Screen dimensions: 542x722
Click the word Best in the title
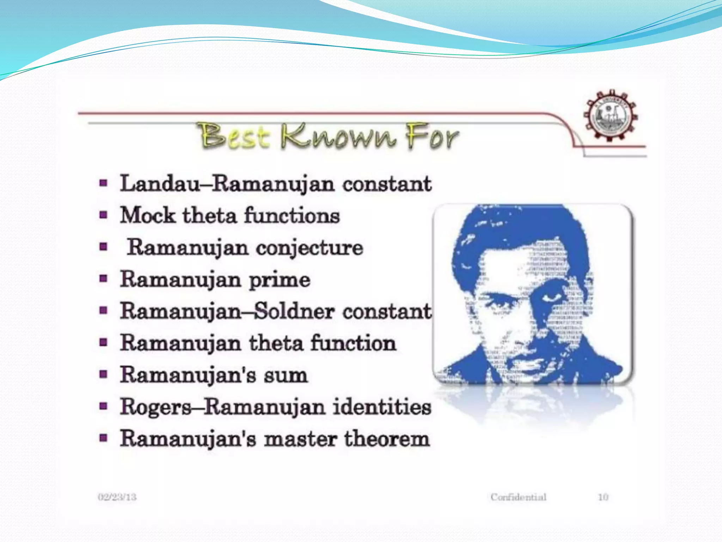pyautogui.click(x=234, y=136)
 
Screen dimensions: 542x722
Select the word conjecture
pyautogui.click(x=310, y=248)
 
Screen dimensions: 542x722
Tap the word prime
pyautogui.click(x=280, y=280)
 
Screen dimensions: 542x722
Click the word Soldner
pyautogui.click(x=294, y=311)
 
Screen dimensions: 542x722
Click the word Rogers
pyautogui.click(x=155, y=407)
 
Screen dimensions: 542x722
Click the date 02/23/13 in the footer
pyautogui.click(x=117, y=497)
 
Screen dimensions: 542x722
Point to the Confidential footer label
pyautogui.click(x=518, y=497)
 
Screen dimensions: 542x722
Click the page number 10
pyautogui.click(x=603, y=497)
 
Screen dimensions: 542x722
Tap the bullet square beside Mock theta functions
pyautogui.click(x=103, y=215)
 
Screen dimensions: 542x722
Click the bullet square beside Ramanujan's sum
pyautogui.click(x=103, y=374)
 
